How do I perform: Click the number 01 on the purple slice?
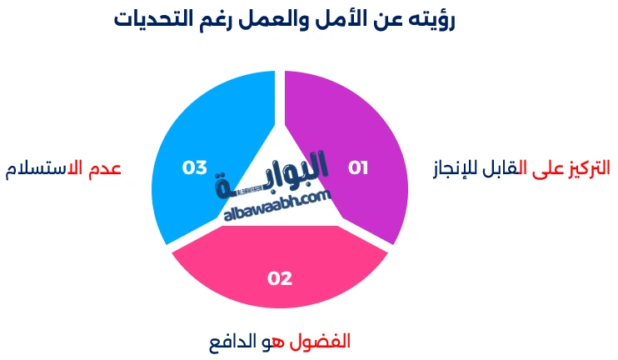pyautogui.click(x=358, y=168)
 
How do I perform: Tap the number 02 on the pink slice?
pyautogui.click(x=280, y=278)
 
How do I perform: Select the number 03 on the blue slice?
pyautogui.click(x=195, y=168)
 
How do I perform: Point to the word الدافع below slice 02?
pyautogui.click(x=233, y=342)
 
